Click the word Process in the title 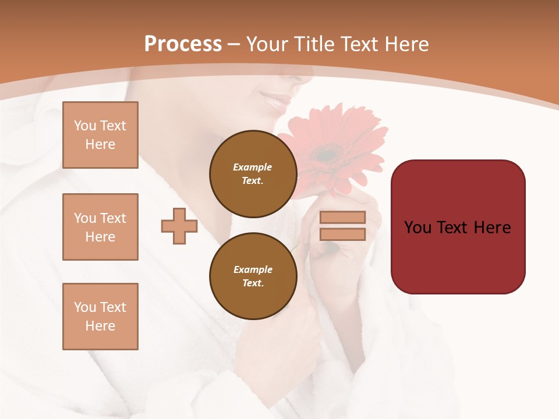[x=183, y=44]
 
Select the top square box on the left [x=100, y=135]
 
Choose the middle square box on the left [x=100, y=227]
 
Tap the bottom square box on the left [x=100, y=317]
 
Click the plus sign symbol [x=179, y=226]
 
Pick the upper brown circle [x=253, y=174]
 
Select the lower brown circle [x=253, y=276]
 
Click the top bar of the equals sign [x=342, y=217]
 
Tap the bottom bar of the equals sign [x=342, y=235]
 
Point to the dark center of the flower [x=327, y=155]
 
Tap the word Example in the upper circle [x=253, y=167]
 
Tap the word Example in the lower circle [x=253, y=269]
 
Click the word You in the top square [x=84, y=126]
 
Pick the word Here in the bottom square [x=100, y=326]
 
